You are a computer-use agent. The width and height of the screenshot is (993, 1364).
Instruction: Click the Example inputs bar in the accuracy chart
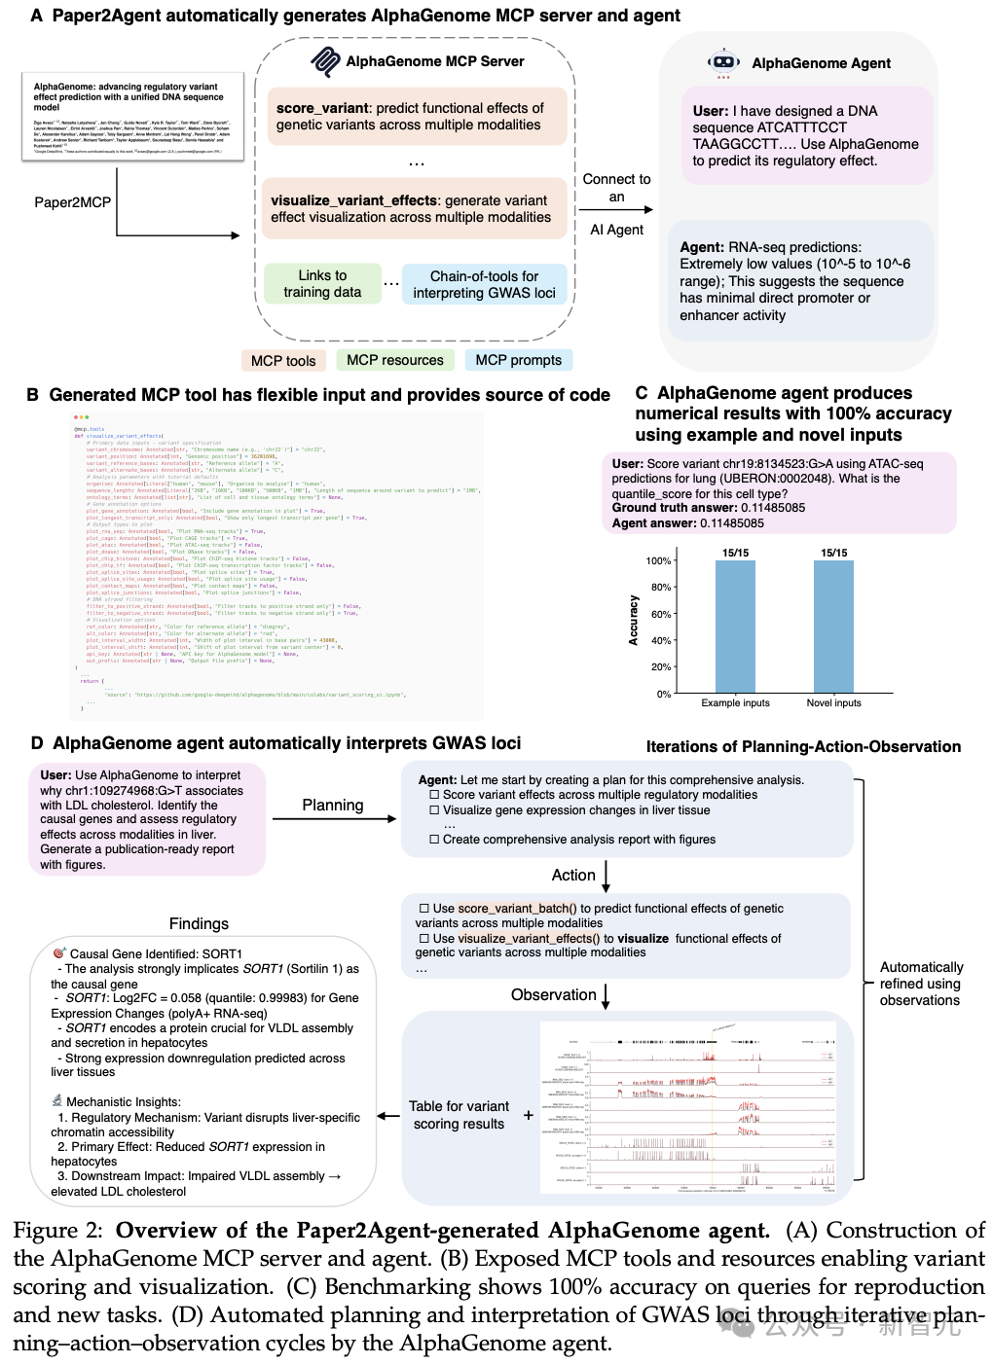pos(735,627)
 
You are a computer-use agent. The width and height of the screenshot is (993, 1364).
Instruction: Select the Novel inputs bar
pos(833,627)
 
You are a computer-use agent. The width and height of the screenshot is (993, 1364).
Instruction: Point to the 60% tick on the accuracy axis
pos(661,614)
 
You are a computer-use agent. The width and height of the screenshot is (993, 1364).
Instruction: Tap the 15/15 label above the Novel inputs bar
pos(833,553)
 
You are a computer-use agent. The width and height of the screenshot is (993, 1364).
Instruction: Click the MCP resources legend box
pos(394,360)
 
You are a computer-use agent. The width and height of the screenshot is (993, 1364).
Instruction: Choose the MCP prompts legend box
pos(518,360)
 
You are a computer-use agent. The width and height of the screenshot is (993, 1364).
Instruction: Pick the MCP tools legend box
pos(283,361)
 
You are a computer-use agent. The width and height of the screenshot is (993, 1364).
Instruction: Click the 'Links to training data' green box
pos(322,283)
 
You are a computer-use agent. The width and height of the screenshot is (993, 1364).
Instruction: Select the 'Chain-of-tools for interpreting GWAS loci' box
pos(484,284)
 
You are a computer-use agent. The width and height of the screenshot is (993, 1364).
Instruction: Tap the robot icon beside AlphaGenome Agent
pos(723,62)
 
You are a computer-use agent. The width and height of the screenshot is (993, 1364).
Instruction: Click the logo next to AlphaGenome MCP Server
pos(325,61)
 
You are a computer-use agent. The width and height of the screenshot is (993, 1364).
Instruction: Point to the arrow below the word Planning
pos(334,819)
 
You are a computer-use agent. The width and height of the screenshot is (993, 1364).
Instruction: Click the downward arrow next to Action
pos(606,876)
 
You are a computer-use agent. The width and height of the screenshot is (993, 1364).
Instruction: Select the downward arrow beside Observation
pos(606,995)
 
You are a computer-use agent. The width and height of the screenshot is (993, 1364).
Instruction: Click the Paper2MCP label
pos(72,202)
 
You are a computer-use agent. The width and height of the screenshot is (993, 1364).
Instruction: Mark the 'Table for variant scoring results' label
pos(459,1115)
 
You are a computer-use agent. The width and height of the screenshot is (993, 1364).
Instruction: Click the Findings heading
pos(199,923)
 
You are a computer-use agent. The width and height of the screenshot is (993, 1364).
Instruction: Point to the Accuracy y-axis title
pos(634,620)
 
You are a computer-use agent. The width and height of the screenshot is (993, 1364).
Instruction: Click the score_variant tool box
pos(415,116)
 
